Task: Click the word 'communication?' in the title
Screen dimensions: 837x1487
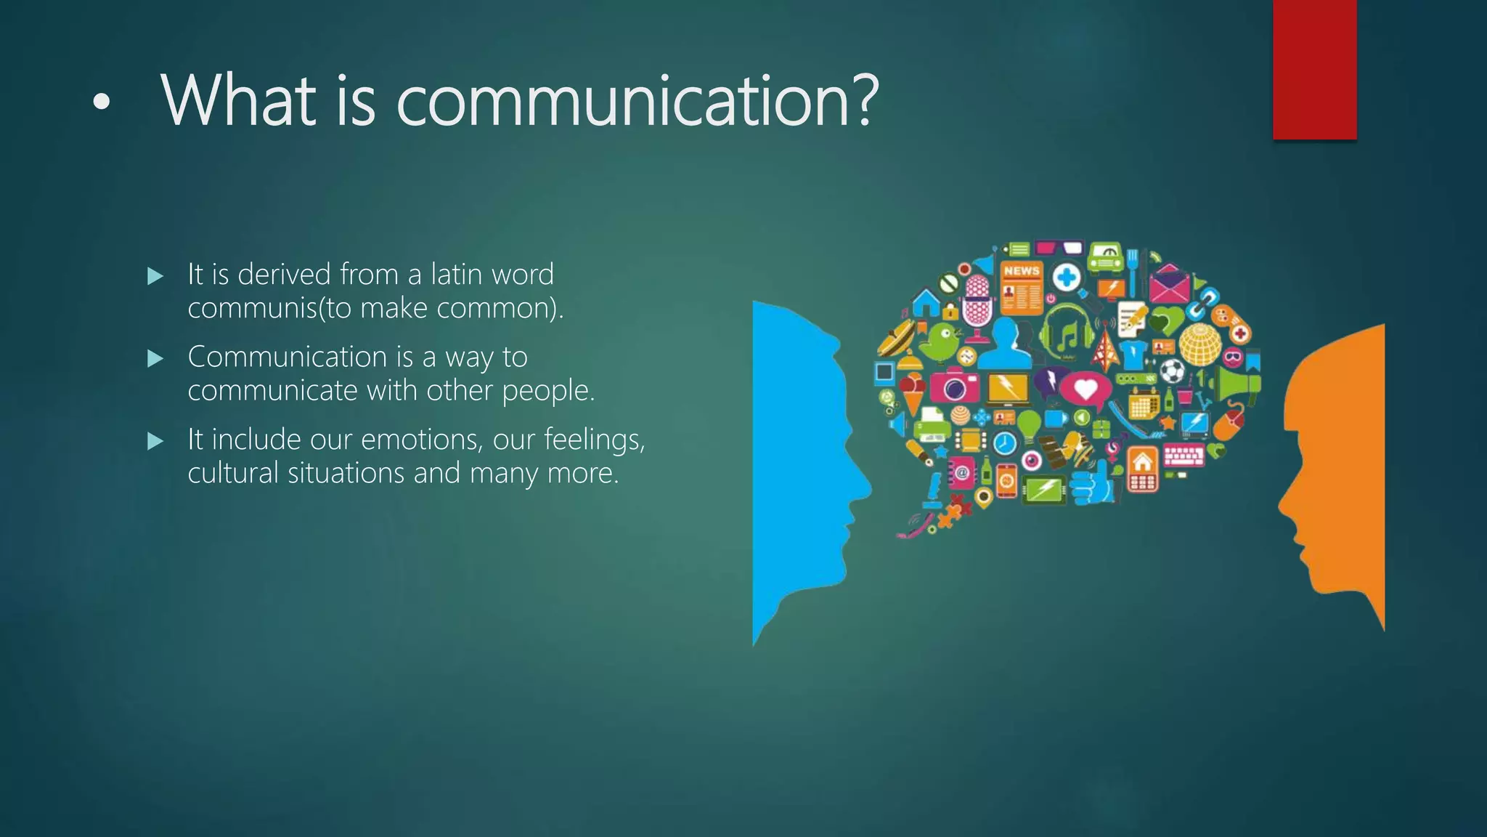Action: point(637,102)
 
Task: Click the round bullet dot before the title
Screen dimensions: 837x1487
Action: point(102,104)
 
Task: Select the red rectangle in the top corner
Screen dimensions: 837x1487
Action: point(1314,69)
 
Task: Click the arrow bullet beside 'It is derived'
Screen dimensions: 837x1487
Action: point(155,276)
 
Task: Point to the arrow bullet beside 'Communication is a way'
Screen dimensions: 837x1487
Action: point(155,358)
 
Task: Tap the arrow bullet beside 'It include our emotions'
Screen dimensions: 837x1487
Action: point(155,441)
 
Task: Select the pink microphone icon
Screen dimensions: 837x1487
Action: point(977,304)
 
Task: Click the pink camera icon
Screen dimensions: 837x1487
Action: point(954,387)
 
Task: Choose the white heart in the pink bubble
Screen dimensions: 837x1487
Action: point(1085,389)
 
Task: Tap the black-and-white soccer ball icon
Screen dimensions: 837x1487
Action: point(1172,371)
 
